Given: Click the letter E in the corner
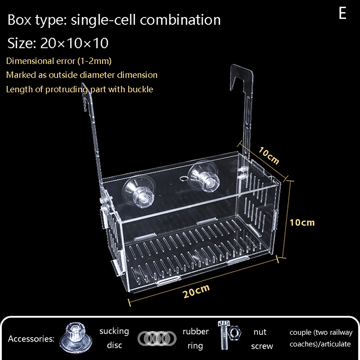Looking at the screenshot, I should [342, 13].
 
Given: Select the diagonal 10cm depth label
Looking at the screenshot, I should [269, 156].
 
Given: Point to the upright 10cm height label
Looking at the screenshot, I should [302, 222].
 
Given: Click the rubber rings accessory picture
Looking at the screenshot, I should [157, 338].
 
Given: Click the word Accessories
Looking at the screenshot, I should [31, 338].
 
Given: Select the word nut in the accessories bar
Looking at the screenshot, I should [260, 332].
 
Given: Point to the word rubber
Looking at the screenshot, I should [195, 332].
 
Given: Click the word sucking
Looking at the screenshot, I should [114, 331].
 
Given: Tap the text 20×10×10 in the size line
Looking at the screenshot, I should [74, 43].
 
